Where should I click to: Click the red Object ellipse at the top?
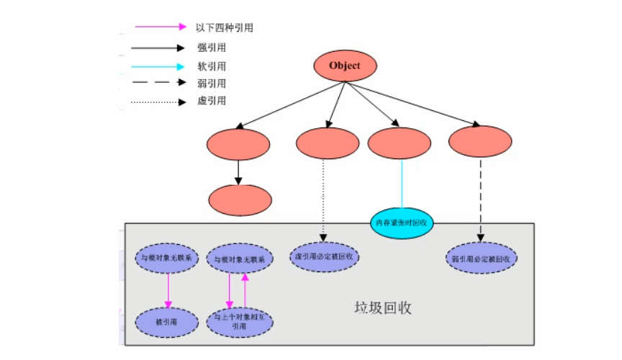pyautogui.click(x=344, y=67)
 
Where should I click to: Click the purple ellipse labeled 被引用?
pyautogui.click(x=167, y=322)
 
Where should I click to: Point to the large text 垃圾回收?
pyautogui.click(x=382, y=307)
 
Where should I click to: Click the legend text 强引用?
pyautogui.click(x=211, y=48)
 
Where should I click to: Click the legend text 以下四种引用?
pyautogui.click(x=224, y=28)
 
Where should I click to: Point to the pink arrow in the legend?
pyautogui.click(x=160, y=27)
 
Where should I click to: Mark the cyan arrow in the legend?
pyautogui.click(x=160, y=66)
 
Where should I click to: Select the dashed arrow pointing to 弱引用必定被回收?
pyautogui.click(x=480, y=199)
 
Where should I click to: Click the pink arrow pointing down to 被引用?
pyautogui.click(x=168, y=289)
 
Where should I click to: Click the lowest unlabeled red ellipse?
pyautogui.click(x=239, y=200)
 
